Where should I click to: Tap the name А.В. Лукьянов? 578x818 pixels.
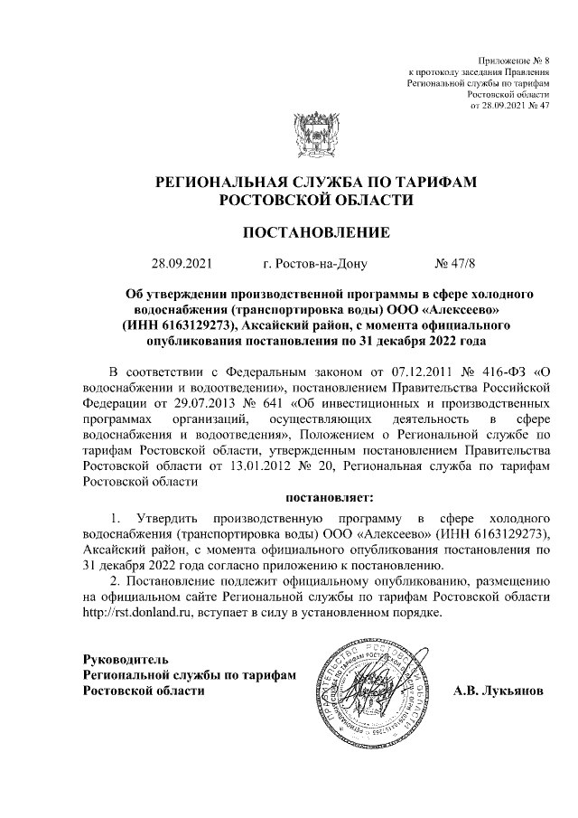tap(499, 691)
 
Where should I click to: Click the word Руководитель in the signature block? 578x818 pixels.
tap(124, 658)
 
